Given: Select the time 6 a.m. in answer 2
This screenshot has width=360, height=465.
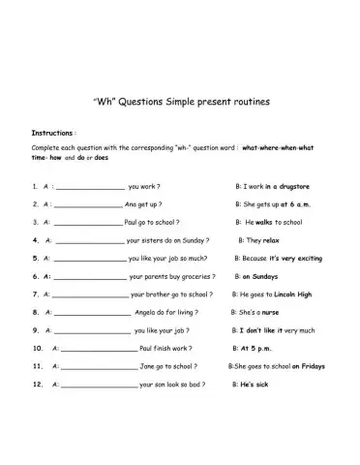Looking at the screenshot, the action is coord(303,204).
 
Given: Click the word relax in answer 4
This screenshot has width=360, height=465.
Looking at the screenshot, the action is coord(271,240).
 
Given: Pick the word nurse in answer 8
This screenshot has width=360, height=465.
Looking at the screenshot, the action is coord(270,313).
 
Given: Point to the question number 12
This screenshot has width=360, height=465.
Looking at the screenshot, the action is coord(37,385).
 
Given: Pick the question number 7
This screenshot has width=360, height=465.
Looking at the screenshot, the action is coord(35,294).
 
